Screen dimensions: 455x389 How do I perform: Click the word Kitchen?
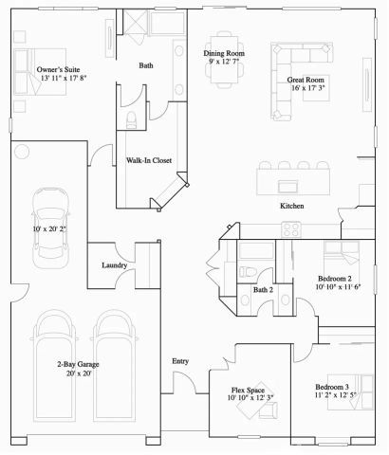(x=290, y=206)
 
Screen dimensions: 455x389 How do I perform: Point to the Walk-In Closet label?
(x=148, y=161)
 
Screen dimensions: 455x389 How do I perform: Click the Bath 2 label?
(x=263, y=289)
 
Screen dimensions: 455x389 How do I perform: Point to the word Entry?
(x=180, y=361)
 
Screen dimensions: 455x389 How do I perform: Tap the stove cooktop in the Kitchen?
(x=291, y=229)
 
